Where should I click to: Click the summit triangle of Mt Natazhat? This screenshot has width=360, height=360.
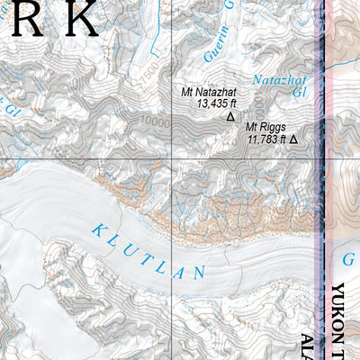(231, 117)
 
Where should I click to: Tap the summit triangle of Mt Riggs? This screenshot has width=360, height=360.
(292, 139)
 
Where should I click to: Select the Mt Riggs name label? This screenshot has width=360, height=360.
(266, 127)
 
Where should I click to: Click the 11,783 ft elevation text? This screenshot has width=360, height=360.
(265, 139)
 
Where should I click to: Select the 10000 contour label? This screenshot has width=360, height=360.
(155, 121)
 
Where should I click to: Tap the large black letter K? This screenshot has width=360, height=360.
(81, 18)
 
